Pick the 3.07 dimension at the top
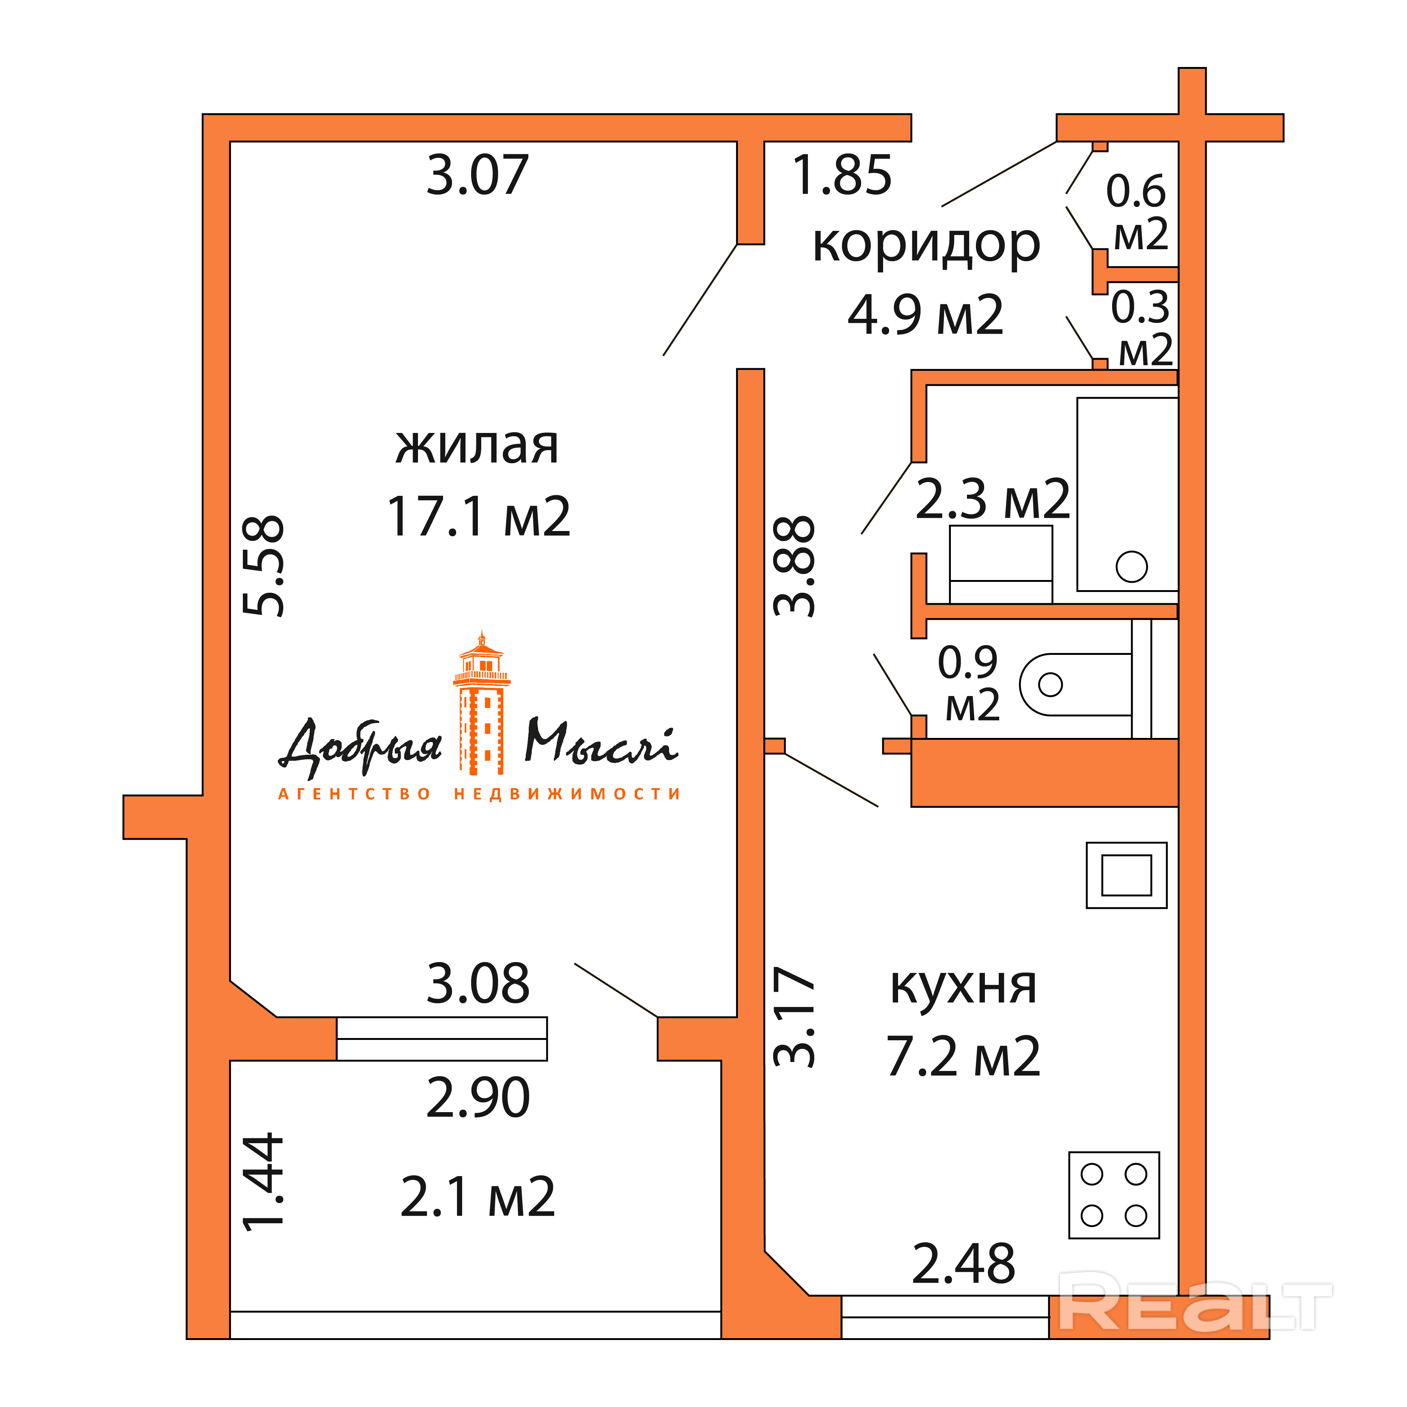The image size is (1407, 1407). [x=477, y=176]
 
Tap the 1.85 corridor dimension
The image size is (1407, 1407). [x=841, y=176]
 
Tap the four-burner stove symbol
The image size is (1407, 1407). [x=1114, y=1195]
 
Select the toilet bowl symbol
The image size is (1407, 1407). [x=1075, y=684]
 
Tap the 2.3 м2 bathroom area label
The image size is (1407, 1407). [x=992, y=500]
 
